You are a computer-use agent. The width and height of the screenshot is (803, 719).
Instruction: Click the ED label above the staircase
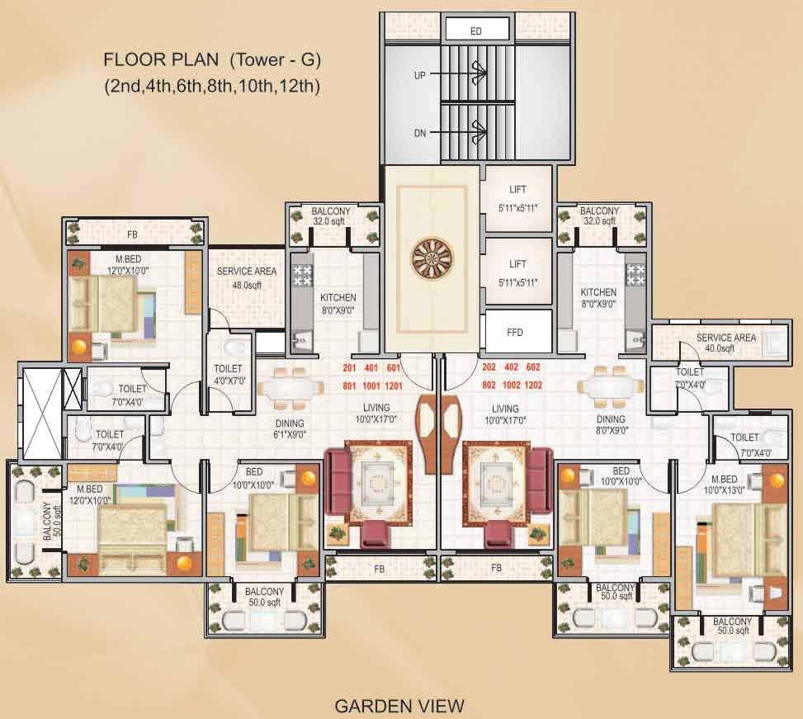click(475, 31)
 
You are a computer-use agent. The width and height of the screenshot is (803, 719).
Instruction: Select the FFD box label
click(517, 333)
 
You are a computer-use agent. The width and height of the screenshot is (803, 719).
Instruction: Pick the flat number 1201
click(393, 386)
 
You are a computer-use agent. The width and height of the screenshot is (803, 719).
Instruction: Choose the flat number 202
click(490, 368)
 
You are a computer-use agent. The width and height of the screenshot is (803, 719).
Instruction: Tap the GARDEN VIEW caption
click(399, 706)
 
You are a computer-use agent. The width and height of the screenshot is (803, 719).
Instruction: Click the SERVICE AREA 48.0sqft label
click(247, 278)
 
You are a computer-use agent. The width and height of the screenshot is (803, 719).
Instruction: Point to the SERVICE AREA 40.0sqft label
click(725, 343)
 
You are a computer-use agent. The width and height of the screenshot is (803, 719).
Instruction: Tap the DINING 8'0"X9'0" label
click(612, 424)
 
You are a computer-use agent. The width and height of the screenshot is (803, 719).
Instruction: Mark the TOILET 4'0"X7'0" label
click(228, 374)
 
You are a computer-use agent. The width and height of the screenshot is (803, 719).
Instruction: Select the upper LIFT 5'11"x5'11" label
click(517, 198)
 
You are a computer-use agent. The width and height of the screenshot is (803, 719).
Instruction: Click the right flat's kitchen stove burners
click(635, 275)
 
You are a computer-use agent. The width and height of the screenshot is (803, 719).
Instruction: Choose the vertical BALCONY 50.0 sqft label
click(48, 520)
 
